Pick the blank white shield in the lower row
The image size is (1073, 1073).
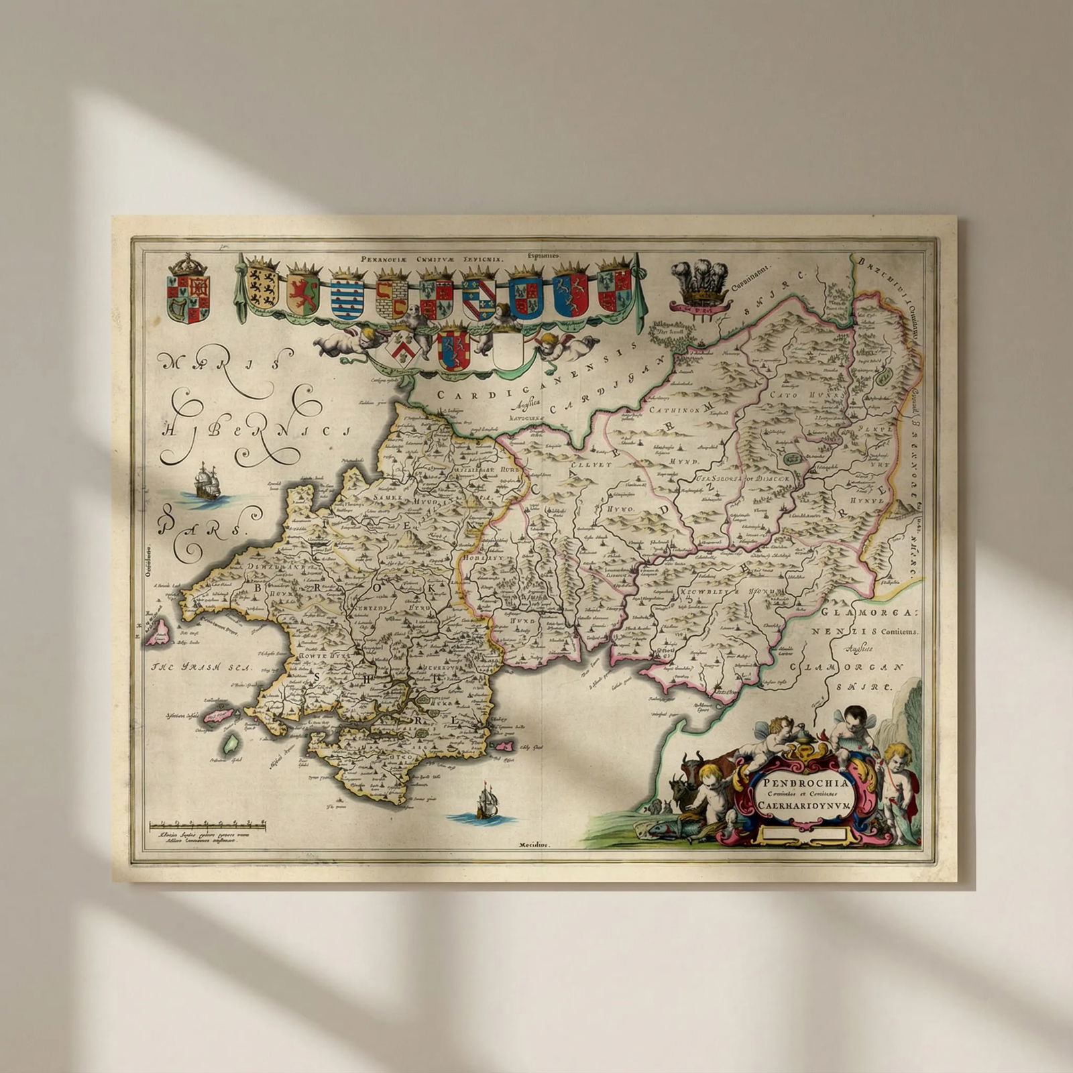pos(508,351)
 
